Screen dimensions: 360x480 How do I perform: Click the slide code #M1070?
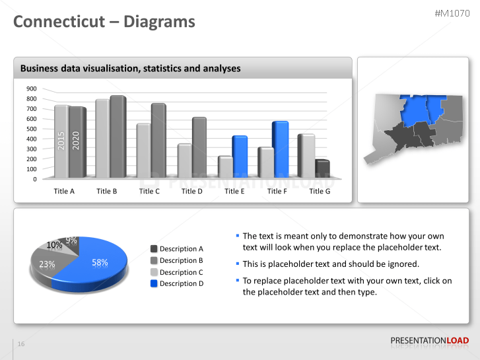point(452,13)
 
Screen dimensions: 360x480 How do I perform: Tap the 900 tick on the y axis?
point(31,89)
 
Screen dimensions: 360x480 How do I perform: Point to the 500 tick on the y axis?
point(31,129)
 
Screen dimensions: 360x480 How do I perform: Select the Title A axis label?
point(64,191)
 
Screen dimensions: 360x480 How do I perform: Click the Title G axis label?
point(320,191)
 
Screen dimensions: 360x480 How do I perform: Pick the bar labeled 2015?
point(61,141)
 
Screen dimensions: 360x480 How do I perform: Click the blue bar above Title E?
point(239,156)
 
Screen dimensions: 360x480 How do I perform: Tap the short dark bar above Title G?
point(322,168)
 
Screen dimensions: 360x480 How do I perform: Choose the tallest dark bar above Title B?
point(118,137)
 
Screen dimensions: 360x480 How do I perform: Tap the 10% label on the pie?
point(54,245)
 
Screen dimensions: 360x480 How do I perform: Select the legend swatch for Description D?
point(154,283)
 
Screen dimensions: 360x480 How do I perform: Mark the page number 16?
point(21,344)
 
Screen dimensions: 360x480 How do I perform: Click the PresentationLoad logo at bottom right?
point(429,341)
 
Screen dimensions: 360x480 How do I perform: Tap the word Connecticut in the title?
point(59,22)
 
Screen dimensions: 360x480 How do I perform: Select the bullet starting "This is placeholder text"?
point(331,264)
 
